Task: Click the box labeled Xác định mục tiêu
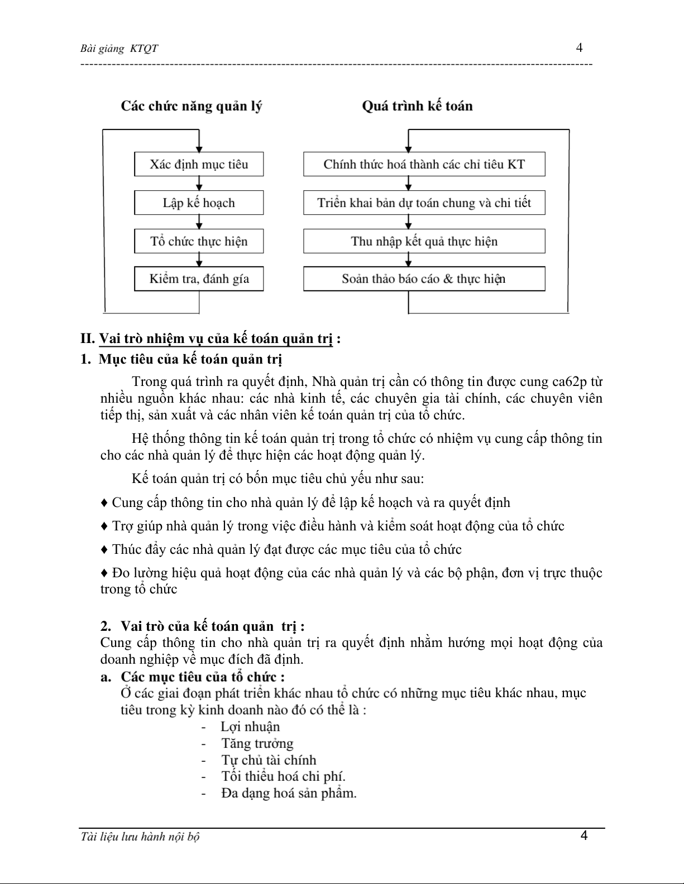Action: pos(199,165)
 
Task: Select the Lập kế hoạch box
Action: pos(199,203)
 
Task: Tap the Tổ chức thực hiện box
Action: pos(199,241)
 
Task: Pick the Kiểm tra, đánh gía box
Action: pos(199,279)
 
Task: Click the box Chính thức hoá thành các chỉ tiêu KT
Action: pos(424,165)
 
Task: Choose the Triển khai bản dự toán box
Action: pos(424,203)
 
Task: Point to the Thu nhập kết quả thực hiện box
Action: pos(424,241)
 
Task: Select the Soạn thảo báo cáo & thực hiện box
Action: pos(424,279)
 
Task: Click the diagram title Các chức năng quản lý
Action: pos(192,106)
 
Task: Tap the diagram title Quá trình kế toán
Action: pos(417,106)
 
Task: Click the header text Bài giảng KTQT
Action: pos(119,49)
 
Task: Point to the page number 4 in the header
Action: pos(580,48)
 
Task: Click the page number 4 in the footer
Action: pos(584,835)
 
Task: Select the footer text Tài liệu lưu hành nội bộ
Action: pos(140,837)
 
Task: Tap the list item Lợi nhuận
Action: pos(250,727)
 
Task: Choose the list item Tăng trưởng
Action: pos(257,743)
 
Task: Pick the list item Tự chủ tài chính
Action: pos(269,760)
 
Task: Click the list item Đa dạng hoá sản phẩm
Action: pos(289,793)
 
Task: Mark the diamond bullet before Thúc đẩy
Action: pos(104,550)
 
